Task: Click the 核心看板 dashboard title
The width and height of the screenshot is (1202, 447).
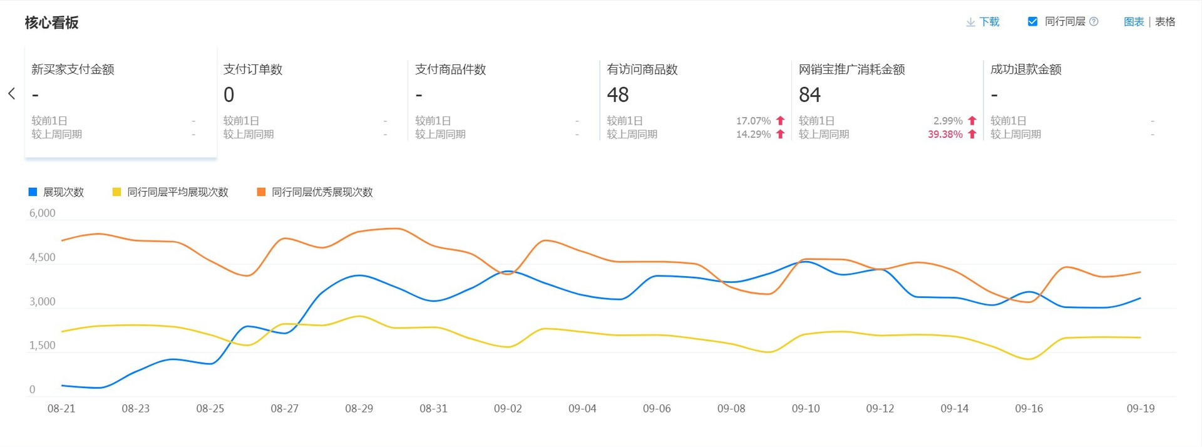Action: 51,23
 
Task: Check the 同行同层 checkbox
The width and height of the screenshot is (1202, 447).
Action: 1032,21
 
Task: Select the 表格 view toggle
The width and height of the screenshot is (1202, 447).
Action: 1165,22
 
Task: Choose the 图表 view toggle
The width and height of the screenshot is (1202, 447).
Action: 1134,22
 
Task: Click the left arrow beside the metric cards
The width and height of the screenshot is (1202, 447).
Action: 11,94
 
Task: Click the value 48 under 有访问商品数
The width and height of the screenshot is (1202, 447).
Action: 618,95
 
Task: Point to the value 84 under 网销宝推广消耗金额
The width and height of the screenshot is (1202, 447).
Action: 809,95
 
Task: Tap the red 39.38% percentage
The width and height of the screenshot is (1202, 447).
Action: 945,134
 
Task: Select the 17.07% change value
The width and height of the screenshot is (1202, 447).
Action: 753,121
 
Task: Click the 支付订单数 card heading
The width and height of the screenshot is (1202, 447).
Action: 253,69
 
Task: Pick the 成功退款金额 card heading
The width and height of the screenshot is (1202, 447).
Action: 1025,69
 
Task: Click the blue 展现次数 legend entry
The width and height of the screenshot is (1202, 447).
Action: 56,192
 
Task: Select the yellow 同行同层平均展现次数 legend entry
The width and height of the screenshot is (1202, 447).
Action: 170,192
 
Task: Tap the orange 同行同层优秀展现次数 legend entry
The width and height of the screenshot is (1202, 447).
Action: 315,192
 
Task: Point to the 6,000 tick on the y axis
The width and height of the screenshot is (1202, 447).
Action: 43,213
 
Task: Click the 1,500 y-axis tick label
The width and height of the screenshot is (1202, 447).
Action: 43,346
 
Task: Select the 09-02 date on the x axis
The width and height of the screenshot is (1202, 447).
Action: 508,409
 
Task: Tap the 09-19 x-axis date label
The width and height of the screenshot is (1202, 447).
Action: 1141,409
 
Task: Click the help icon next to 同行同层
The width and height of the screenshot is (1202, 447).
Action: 1094,22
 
